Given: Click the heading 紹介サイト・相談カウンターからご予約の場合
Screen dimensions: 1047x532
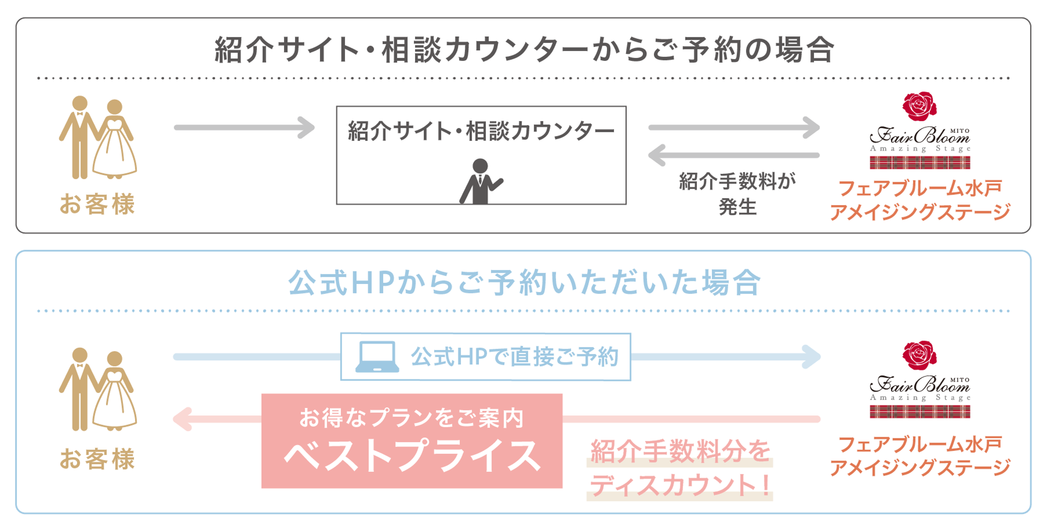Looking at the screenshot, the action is point(524,49).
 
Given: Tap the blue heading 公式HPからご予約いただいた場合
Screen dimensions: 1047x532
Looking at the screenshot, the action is point(524,282).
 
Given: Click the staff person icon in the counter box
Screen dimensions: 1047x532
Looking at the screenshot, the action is point(481,181).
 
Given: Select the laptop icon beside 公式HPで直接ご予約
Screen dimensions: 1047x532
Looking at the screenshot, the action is point(377,357).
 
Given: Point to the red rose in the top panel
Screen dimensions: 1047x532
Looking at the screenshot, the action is point(919,106).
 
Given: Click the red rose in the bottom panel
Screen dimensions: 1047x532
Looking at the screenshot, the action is point(919,355).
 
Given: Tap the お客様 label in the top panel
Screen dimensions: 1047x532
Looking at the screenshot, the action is point(97,204).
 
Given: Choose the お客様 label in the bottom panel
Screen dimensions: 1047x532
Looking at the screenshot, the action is point(97,459).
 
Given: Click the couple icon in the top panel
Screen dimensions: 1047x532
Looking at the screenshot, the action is point(98,137).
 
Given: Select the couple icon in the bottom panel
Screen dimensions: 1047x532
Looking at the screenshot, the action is point(98,389).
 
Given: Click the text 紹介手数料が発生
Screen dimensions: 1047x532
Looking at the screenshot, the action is point(737,194).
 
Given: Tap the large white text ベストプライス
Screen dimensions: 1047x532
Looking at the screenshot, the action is point(412,455).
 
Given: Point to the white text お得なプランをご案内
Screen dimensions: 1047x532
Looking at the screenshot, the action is point(411,418).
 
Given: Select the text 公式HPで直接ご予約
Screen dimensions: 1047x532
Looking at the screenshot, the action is point(514,357).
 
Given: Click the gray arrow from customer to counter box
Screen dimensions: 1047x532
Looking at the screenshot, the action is point(244,128).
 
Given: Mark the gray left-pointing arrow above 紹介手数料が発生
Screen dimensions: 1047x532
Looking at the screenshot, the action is point(734,155).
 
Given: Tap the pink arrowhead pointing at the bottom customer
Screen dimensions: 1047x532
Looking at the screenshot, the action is point(182,419).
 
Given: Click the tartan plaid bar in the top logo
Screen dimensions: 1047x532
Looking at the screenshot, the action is point(920,162).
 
